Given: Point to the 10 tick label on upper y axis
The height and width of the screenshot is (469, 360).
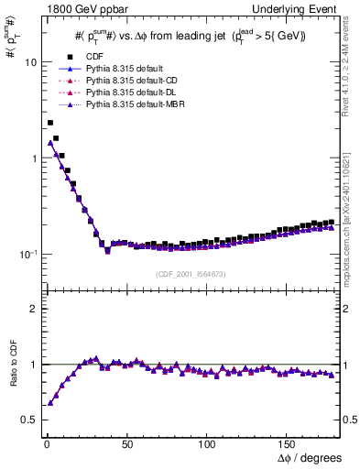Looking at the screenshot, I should (x=29, y=62).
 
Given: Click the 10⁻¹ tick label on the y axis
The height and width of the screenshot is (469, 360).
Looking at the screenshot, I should (x=27, y=254).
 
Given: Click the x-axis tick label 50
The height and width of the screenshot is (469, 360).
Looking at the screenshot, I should (x=126, y=442).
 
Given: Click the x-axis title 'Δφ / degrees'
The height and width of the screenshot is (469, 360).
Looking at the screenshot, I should (x=310, y=456).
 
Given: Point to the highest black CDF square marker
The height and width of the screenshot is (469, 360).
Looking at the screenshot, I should (x=49, y=122).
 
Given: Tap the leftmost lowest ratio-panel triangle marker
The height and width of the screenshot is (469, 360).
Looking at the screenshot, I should (x=49, y=402).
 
